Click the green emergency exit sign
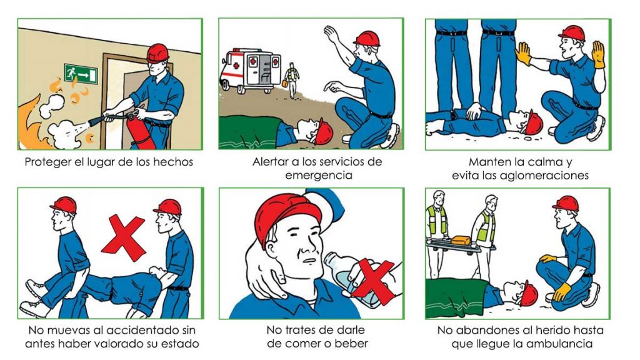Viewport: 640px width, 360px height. click(x=81, y=74)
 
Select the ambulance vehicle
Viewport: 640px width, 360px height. click(x=251, y=71)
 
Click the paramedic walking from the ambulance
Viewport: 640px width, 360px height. click(x=291, y=80)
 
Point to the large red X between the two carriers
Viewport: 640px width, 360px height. click(x=123, y=237)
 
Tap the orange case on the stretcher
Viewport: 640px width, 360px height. click(x=461, y=240)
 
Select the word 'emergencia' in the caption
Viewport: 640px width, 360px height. click(x=318, y=176)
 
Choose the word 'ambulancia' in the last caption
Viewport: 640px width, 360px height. click(x=559, y=344)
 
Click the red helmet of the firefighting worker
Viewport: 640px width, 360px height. click(x=157, y=53)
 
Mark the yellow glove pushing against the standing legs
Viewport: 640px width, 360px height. click(x=523, y=54)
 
